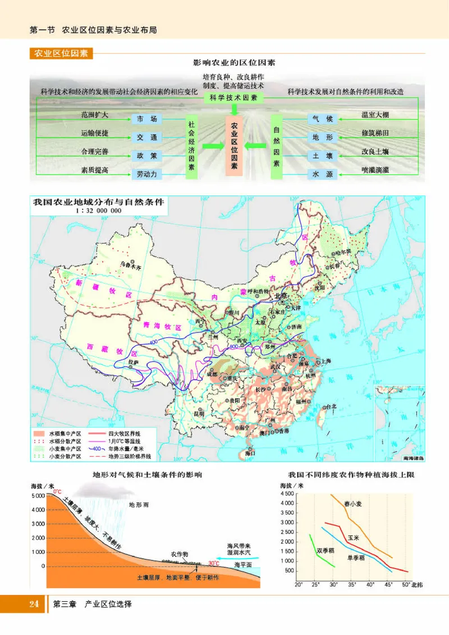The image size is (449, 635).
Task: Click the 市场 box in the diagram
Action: coord(147,118)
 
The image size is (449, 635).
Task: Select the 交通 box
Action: coord(147,137)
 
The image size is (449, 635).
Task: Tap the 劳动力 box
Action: coord(147,174)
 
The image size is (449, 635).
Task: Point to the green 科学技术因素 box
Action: coord(230,98)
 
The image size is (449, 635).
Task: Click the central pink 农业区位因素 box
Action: coord(234,147)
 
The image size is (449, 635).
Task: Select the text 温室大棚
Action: coord(375,115)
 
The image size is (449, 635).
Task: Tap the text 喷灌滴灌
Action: coord(375,170)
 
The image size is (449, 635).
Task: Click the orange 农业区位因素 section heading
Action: coord(61,54)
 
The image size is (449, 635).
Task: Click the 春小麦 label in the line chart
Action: coord(354,504)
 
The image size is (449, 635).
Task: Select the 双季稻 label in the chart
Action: coord(326,550)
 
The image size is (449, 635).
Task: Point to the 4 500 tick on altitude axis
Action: coord(286,494)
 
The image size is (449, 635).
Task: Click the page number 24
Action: coord(33,605)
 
